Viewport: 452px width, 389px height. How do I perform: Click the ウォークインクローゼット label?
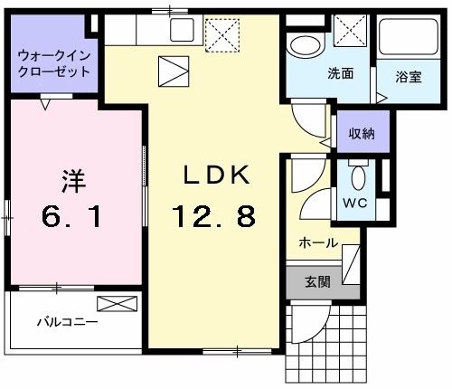(x=54, y=63)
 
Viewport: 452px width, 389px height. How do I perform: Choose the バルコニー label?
(x=67, y=321)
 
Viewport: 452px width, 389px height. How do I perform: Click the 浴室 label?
(x=408, y=77)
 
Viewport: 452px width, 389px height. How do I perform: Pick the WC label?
(x=354, y=204)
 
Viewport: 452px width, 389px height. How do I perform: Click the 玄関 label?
(x=316, y=281)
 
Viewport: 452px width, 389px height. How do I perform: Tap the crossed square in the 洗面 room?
(x=349, y=33)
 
